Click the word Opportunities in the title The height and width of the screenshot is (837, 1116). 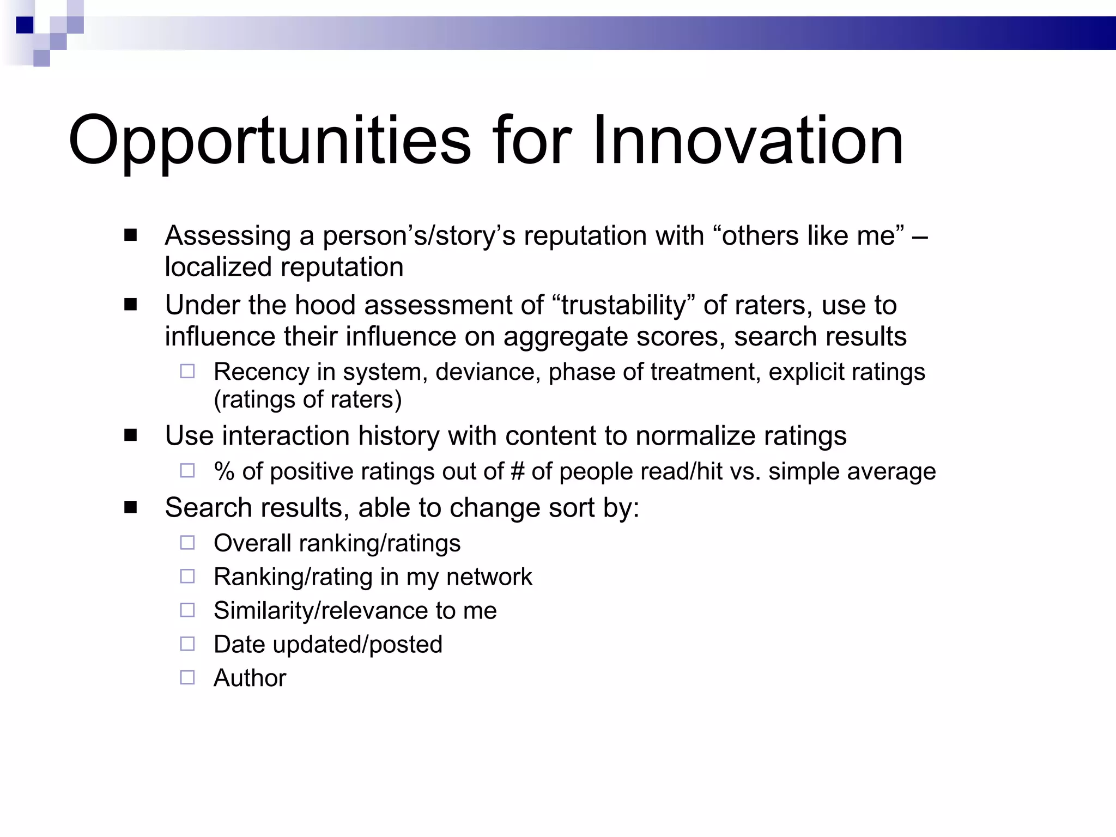click(x=269, y=141)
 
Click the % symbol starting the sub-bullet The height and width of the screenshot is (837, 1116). click(x=224, y=471)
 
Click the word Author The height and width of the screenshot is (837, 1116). click(x=250, y=678)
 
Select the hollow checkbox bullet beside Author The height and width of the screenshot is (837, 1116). click(x=187, y=677)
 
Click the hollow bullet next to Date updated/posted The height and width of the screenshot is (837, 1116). click(x=187, y=644)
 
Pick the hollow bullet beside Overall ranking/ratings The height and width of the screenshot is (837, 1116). click(x=187, y=543)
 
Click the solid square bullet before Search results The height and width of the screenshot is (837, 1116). click(x=130, y=508)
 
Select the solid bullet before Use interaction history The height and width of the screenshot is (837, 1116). click(x=130, y=435)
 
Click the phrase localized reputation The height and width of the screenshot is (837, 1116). click(x=284, y=267)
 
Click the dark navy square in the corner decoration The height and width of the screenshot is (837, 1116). click(x=25, y=25)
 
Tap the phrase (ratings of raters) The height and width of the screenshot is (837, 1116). click(x=308, y=399)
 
